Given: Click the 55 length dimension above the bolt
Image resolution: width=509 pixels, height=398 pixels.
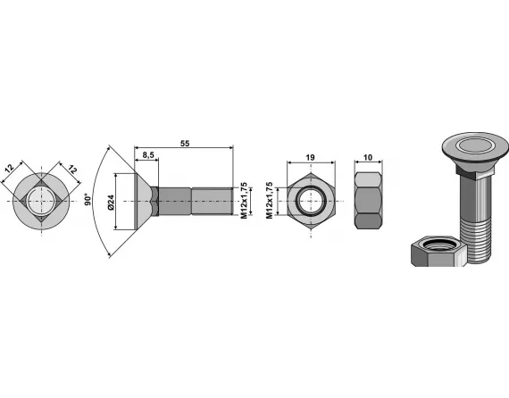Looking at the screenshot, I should tap(184, 143).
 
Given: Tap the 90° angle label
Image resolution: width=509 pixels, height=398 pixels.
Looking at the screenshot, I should tap(87, 200).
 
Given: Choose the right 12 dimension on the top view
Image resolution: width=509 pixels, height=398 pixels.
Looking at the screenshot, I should tap(71, 168).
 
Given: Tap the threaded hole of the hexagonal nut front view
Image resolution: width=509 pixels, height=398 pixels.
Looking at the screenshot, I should tap(310, 201).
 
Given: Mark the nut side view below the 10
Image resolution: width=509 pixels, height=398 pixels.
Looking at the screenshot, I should tap(368, 201).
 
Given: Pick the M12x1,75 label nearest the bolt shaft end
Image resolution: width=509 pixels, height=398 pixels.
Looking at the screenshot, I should tap(242, 202).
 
